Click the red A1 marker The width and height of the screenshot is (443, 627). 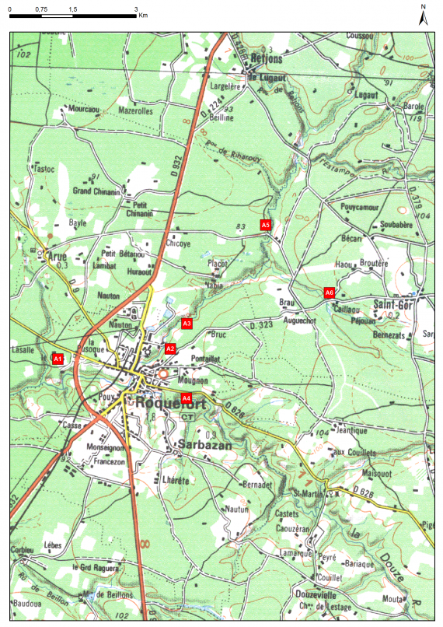tap(57, 359)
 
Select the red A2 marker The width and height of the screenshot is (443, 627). tap(170, 349)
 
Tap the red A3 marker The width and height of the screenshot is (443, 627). tap(187, 323)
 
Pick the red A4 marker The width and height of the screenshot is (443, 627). tap(186, 398)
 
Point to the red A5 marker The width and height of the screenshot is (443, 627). tap(266, 225)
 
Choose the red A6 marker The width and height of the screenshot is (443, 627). tap(329, 292)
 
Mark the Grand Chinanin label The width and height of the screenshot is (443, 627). tap(96, 191)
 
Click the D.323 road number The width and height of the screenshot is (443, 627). tap(262, 324)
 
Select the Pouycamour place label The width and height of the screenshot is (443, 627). tap(359, 208)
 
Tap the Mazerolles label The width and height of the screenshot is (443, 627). tap(135, 111)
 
